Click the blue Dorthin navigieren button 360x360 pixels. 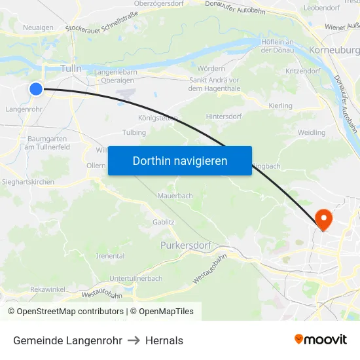tap(179, 160)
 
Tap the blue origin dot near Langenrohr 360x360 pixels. tap(36, 89)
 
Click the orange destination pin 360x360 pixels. tap(323, 218)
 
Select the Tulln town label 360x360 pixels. tap(70, 68)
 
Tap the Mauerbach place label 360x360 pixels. tap(175, 195)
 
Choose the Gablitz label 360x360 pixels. tap(163, 222)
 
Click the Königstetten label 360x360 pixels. tap(158, 118)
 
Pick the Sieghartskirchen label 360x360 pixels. tap(27, 181)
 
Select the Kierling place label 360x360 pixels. tap(281, 105)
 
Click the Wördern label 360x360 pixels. tap(211, 68)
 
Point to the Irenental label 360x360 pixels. tap(111, 255)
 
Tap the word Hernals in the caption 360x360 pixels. tap(164, 340)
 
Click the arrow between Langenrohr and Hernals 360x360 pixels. tap(134, 340)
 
